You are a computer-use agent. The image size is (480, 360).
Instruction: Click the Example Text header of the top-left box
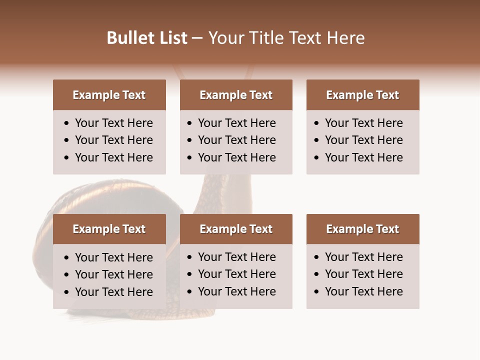pyautogui.click(x=109, y=95)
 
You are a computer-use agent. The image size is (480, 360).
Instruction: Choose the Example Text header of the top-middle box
pyautogui.click(x=236, y=95)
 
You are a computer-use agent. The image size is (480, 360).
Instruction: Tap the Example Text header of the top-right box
pyautogui.click(x=362, y=95)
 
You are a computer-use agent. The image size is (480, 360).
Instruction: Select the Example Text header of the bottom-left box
pyautogui.click(x=109, y=229)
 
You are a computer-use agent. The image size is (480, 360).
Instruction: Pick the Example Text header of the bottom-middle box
pyautogui.click(x=236, y=229)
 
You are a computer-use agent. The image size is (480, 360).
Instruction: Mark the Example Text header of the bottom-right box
pyautogui.click(x=362, y=229)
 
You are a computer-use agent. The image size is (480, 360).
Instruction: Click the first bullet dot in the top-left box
pyautogui.click(x=67, y=123)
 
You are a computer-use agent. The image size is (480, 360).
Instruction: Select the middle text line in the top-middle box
pyautogui.click(x=236, y=140)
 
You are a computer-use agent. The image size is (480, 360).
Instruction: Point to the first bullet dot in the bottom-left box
pyautogui.click(x=67, y=258)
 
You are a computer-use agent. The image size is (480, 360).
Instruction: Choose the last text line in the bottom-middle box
pyautogui.click(x=236, y=291)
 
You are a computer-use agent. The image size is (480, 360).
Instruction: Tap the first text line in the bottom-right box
pyautogui.click(x=363, y=257)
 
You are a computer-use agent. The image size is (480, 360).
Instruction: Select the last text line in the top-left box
pyautogui.click(x=113, y=157)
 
